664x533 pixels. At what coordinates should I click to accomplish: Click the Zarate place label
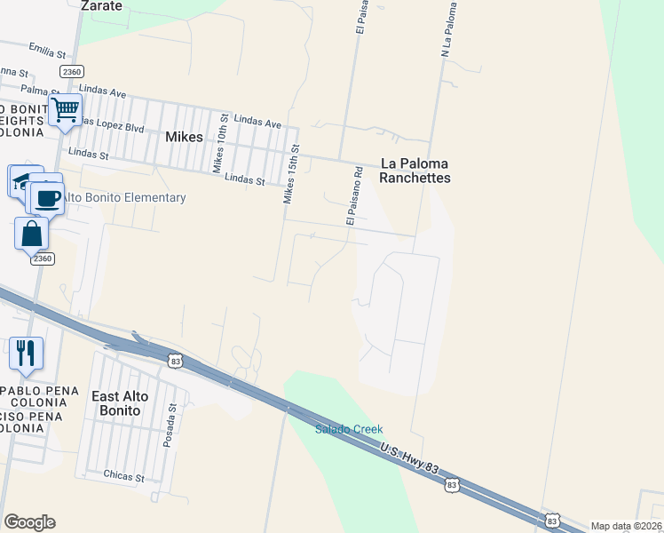pos(100,5)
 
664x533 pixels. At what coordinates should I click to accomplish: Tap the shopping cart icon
pos(65,111)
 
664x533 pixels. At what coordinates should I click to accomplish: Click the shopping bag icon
pos(32,235)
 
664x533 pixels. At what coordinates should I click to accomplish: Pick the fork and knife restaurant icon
pos(26,353)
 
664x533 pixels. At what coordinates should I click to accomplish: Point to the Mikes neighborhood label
pos(185,138)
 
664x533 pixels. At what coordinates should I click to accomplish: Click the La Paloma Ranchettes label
pos(415,171)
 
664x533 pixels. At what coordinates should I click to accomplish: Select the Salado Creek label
pos(349,429)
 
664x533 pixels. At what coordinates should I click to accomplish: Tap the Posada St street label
pos(174,426)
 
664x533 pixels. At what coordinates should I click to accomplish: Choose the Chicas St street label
pos(123,477)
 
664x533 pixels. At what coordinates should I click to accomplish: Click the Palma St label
pos(39,90)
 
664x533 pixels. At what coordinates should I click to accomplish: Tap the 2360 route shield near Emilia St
pos(72,70)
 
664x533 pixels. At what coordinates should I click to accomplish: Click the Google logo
pos(29,522)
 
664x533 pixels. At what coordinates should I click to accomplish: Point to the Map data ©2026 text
pos(626,526)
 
